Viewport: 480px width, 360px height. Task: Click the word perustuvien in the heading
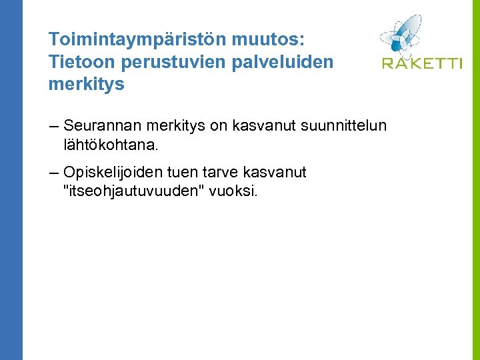[161, 61]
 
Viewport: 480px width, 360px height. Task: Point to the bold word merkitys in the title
[86, 85]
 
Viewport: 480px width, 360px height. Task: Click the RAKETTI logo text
[421, 63]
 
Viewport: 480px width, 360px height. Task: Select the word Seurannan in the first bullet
[101, 125]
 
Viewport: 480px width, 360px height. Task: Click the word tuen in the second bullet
[190, 173]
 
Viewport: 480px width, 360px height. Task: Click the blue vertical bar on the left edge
[11, 180]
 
